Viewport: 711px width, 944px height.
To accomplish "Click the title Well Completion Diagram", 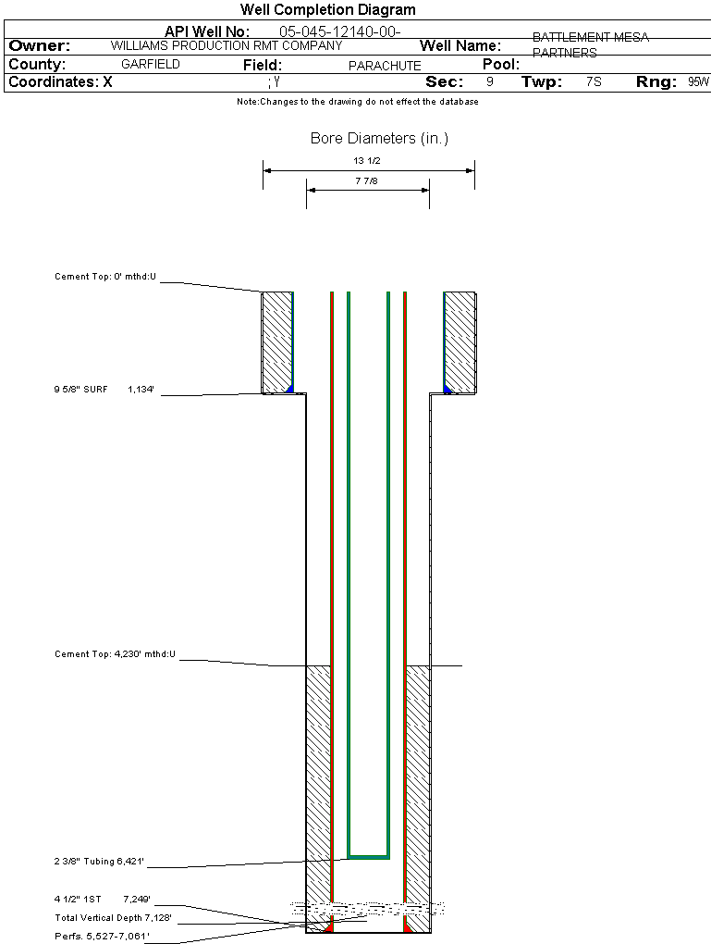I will [x=327, y=10].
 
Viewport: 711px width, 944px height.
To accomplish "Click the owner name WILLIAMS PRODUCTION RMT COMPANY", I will [x=226, y=45].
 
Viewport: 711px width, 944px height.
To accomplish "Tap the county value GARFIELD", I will [x=151, y=65].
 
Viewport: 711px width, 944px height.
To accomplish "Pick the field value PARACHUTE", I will [x=385, y=66].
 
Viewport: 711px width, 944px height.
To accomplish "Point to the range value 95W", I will [x=698, y=82].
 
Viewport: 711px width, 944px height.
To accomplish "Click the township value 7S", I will [x=594, y=82].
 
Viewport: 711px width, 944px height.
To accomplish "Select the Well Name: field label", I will [x=460, y=46].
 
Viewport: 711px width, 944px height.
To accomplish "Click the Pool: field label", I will [x=501, y=65].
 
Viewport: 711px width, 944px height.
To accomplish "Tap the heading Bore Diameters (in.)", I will [x=379, y=139].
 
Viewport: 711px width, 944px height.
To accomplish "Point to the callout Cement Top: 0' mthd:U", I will [x=105, y=277].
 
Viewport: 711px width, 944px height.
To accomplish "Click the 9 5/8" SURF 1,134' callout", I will [x=103, y=390].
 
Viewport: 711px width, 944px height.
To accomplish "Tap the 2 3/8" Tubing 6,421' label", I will [x=99, y=862].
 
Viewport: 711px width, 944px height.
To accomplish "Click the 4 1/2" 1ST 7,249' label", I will [x=102, y=899].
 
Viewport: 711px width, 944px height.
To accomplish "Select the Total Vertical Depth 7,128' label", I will [x=113, y=917].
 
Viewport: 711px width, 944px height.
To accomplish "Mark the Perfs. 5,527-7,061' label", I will [x=101, y=936].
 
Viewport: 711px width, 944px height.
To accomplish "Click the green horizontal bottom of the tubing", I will [x=368, y=856].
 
